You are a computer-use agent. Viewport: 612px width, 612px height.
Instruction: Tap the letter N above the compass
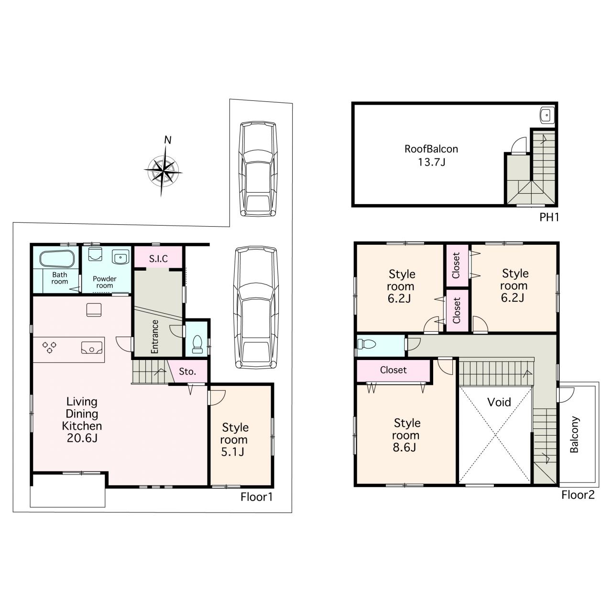[167, 140]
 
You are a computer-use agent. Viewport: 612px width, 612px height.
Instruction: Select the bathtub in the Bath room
[57, 259]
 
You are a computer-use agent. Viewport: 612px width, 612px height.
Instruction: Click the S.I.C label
[158, 259]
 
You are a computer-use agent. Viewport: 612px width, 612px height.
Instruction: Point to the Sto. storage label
[187, 372]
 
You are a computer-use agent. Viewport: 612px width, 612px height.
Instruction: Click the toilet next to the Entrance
[197, 344]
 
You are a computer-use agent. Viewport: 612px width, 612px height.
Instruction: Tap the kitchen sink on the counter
[92, 348]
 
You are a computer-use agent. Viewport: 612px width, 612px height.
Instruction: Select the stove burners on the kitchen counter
[50, 347]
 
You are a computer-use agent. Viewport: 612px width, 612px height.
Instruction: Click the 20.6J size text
[82, 438]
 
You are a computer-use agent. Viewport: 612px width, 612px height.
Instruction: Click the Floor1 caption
[257, 497]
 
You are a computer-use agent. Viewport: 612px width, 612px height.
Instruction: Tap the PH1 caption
[549, 217]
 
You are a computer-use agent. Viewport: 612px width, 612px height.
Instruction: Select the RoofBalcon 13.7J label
[431, 155]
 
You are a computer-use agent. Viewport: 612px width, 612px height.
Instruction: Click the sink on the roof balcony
[547, 115]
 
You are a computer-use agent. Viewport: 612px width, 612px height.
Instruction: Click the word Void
[499, 403]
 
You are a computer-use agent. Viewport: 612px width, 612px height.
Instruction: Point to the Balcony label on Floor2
[574, 434]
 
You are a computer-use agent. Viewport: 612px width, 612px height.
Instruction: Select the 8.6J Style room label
[406, 435]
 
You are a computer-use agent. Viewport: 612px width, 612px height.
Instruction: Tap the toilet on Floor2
[366, 344]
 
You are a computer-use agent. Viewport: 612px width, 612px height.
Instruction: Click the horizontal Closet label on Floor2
[393, 370]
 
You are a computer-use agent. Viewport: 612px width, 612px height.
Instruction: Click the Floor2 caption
[578, 495]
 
